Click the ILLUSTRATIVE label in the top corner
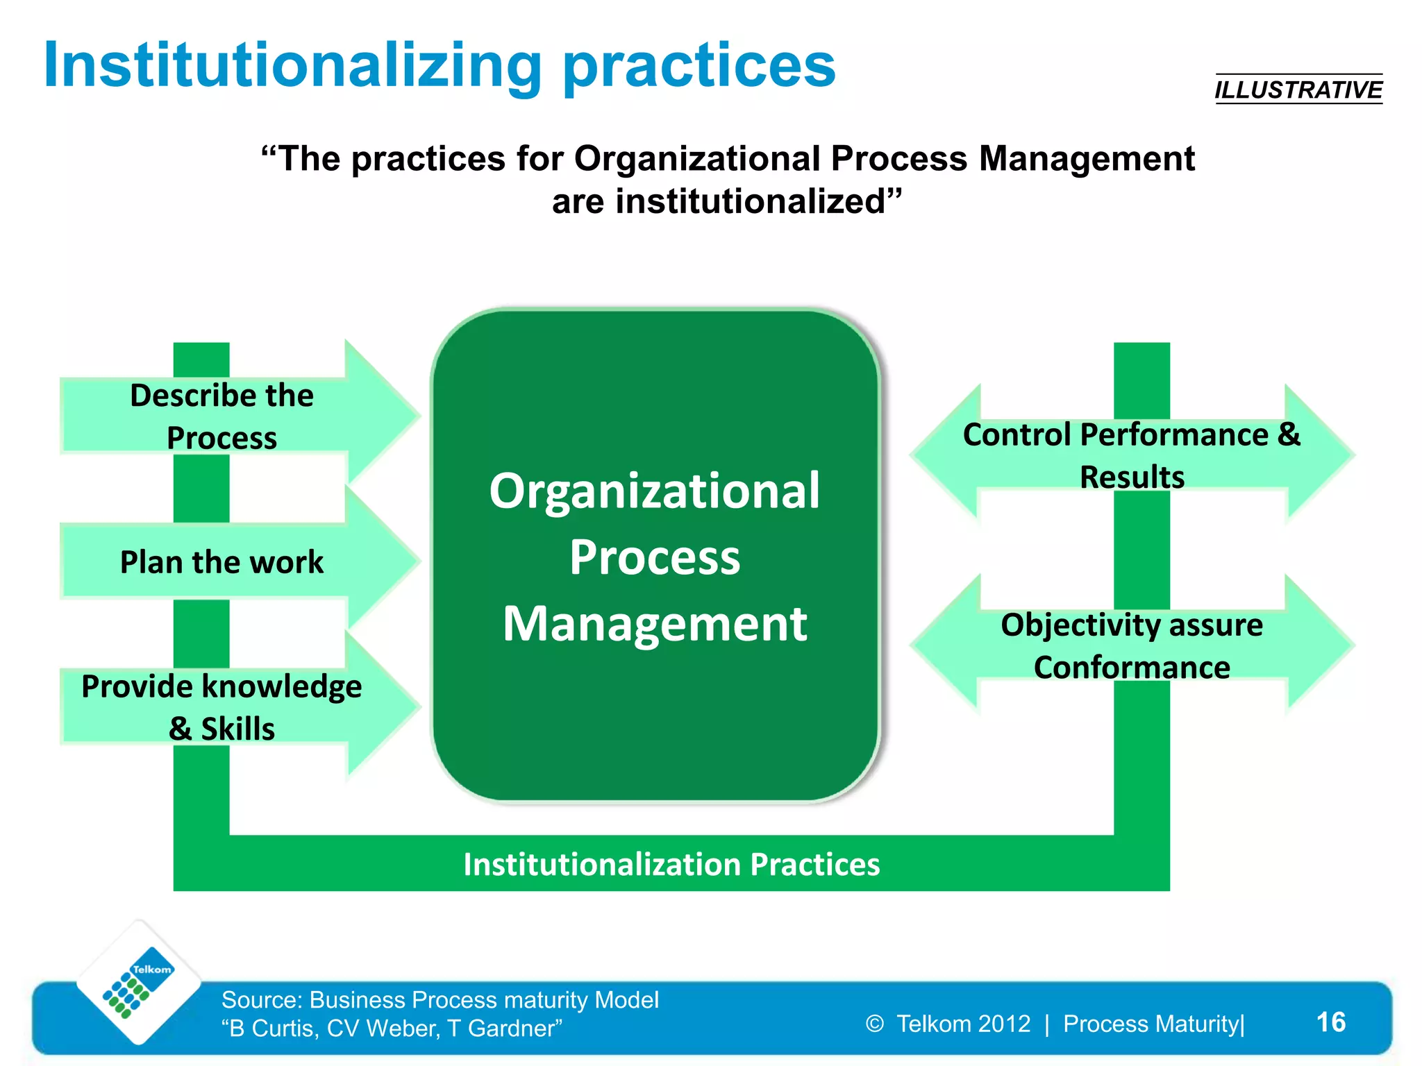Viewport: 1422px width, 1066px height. (x=1298, y=90)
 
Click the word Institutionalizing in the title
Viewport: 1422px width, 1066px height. (x=292, y=65)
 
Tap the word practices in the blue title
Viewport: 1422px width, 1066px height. (x=699, y=65)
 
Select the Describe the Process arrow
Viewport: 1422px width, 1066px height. (x=222, y=416)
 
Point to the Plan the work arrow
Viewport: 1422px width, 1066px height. (x=222, y=561)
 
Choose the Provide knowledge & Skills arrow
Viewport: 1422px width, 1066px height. (x=222, y=707)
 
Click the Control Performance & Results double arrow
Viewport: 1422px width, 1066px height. (x=1132, y=455)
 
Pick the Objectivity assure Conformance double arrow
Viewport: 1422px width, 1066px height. (x=1132, y=645)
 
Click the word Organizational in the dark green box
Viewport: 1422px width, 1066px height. (x=654, y=491)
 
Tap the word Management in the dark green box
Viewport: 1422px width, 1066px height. (x=654, y=623)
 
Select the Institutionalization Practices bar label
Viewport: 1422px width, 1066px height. (x=671, y=864)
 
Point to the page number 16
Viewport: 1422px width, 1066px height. (x=1330, y=1022)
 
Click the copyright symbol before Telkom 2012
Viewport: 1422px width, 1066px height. (x=875, y=1024)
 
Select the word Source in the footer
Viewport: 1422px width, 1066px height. (x=261, y=999)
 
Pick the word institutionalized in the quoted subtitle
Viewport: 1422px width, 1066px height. (x=750, y=202)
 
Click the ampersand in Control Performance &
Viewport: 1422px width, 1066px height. (x=1289, y=434)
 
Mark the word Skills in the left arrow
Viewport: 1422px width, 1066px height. (x=237, y=729)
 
